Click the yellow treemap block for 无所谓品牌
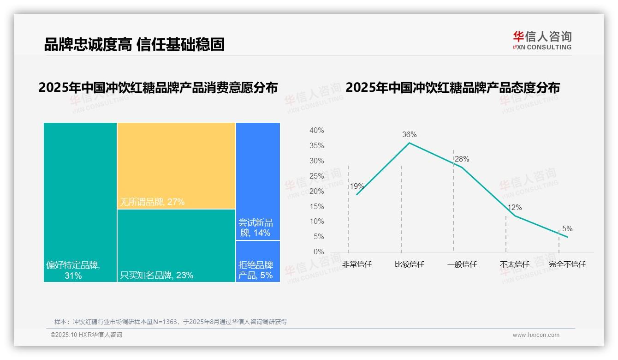coord(176,165)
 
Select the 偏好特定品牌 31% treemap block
coord(80,202)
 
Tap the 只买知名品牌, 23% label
coord(157,276)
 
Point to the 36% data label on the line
coord(409,135)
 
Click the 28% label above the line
coord(462,159)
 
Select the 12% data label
coord(515,208)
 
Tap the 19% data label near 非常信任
coord(357,186)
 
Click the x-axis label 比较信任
coord(409,264)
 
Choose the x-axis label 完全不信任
coord(567,264)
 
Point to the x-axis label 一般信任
coord(462,264)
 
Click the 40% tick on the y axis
coord(316,131)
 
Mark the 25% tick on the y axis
coord(316,176)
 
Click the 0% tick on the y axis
coord(318,252)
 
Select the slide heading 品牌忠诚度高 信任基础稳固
coord(134,44)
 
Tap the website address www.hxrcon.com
coord(536,335)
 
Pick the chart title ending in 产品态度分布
coord(452,87)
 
